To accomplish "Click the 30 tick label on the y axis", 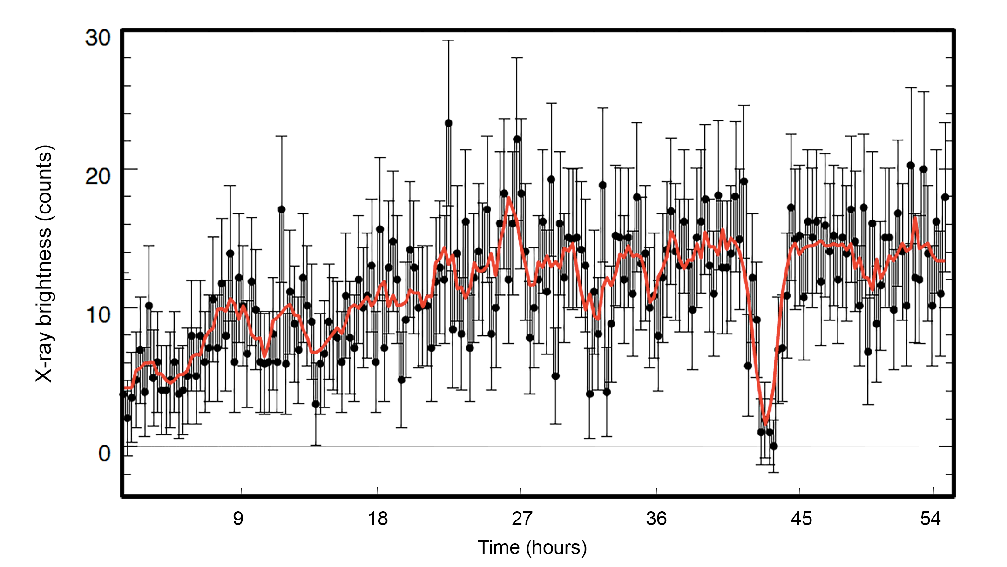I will (x=98, y=38).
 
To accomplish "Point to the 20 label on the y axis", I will (x=98, y=176).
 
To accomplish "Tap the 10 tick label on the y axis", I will (x=98, y=315).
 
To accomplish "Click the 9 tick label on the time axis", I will (x=238, y=518).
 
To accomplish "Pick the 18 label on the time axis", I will (x=378, y=518).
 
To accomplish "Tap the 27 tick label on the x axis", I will (x=521, y=518).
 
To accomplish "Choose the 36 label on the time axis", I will (x=656, y=518).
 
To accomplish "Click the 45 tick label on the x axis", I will (x=801, y=518).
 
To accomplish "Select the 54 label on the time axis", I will (x=930, y=518).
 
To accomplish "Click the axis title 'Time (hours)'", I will (x=532, y=547).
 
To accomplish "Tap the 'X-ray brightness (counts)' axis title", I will (x=45, y=263).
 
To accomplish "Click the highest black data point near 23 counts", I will (x=448, y=123).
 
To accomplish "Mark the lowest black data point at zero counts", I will (x=774, y=447).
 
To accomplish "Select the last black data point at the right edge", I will (x=945, y=197).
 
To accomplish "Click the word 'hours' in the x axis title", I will (x=556, y=547).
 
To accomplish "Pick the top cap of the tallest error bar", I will (x=448, y=40).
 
